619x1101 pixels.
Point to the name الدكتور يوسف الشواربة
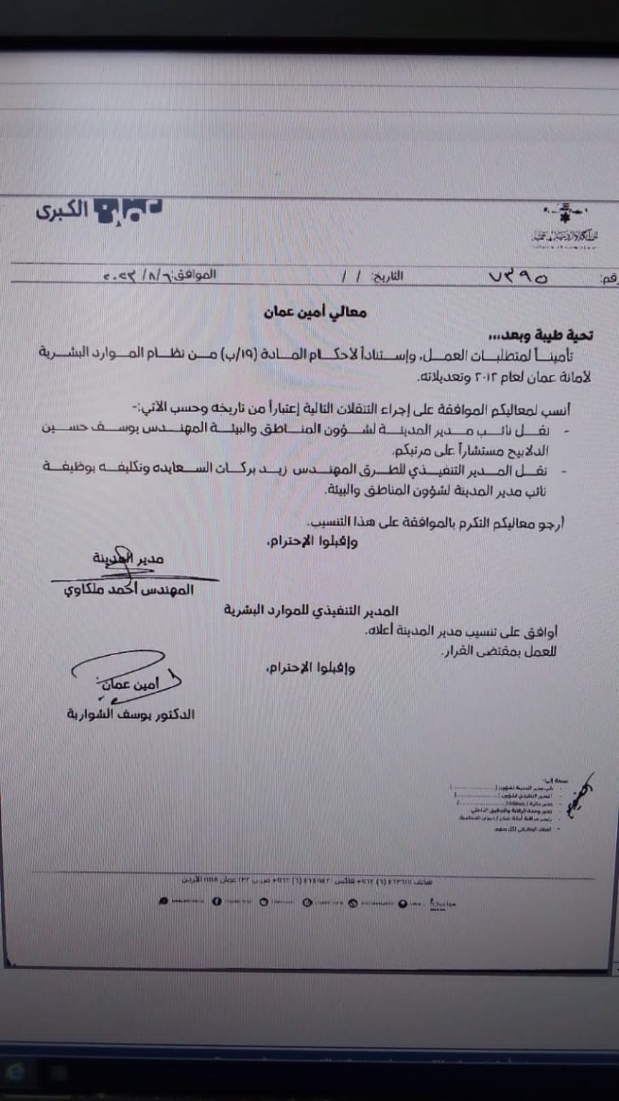click(129, 714)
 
